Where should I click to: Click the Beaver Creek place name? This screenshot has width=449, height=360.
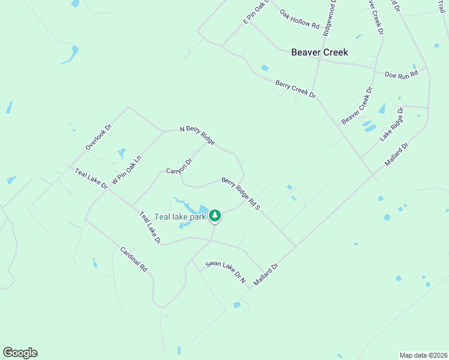coord(319,52)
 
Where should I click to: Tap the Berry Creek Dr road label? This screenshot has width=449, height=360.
coord(295,88)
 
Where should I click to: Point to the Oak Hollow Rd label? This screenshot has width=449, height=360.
coord(300,19)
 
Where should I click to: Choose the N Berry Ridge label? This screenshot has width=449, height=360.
coord(197,135)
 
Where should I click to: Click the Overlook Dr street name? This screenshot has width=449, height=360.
coord(98,137)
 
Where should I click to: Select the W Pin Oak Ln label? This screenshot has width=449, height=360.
coord(126,171)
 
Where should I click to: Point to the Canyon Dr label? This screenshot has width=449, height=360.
coord(179,166)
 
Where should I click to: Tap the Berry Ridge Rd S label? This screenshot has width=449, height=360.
coord(241,193)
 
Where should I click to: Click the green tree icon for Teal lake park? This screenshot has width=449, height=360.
coord(214,215)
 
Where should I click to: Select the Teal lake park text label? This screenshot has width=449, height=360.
coord(180,216)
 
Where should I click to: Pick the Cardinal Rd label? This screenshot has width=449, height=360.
coord(133,260)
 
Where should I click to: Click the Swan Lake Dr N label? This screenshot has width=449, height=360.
coord(226,272)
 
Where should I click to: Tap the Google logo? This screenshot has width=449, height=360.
coord(20,353)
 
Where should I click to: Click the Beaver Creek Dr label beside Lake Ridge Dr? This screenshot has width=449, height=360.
coord(357,106)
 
